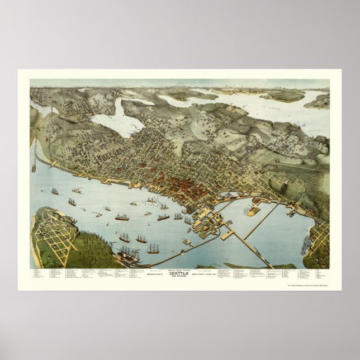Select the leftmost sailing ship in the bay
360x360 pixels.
(x=55, y=192)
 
